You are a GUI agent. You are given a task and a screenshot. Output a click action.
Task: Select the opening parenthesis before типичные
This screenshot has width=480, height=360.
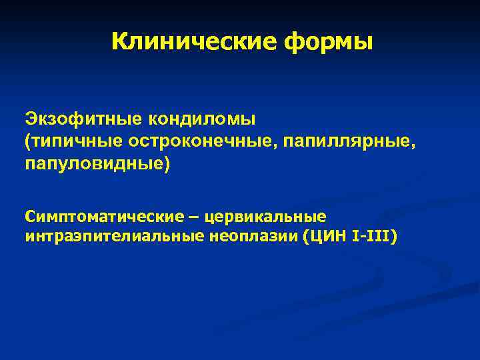(28, 141)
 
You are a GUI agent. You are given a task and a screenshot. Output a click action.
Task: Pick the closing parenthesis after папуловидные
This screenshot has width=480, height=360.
(167, 163)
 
